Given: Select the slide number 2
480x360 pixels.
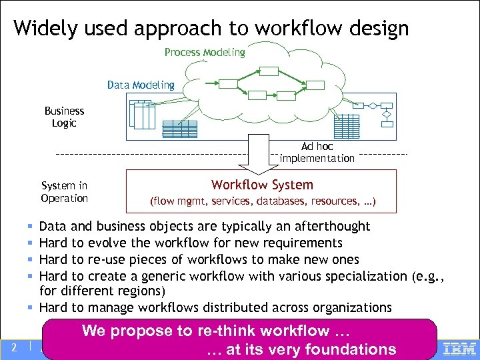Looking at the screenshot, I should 13,347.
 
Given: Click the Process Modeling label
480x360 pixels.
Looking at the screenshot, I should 205,52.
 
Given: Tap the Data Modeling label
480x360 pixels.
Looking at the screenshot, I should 141,85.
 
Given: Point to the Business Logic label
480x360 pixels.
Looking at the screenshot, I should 64,117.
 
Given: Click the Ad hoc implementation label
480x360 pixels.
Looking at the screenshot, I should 317,153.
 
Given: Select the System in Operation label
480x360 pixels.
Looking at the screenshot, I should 64,192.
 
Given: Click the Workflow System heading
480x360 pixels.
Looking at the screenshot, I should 262,185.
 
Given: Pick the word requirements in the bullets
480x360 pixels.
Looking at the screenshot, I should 303,243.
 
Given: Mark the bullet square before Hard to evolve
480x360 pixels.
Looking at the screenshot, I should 31,243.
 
